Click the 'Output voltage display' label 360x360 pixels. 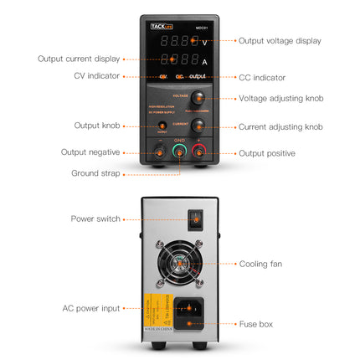click(280, 40)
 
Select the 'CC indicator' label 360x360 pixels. click(262, 77)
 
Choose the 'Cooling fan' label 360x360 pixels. click(260, 264)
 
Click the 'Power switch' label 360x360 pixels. click(95, 219)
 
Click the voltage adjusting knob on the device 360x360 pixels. click(199, 98)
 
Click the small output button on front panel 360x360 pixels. click(162, 126)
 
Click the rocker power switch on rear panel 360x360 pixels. click(195, 219)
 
